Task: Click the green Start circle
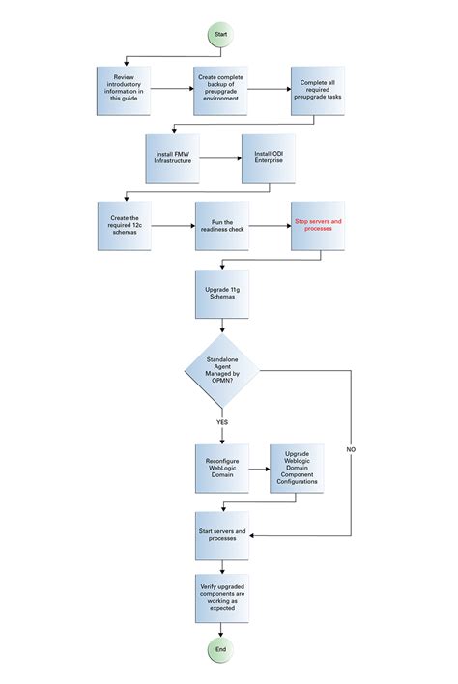[220, 33]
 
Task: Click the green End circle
[220, 649]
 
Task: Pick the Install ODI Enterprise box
[270, 157]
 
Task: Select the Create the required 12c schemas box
[123, 226]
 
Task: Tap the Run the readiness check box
[220, 226]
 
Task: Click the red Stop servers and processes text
[318, 225]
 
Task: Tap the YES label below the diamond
[221, 423]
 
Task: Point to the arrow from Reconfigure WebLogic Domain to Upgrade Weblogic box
[257, 470]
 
